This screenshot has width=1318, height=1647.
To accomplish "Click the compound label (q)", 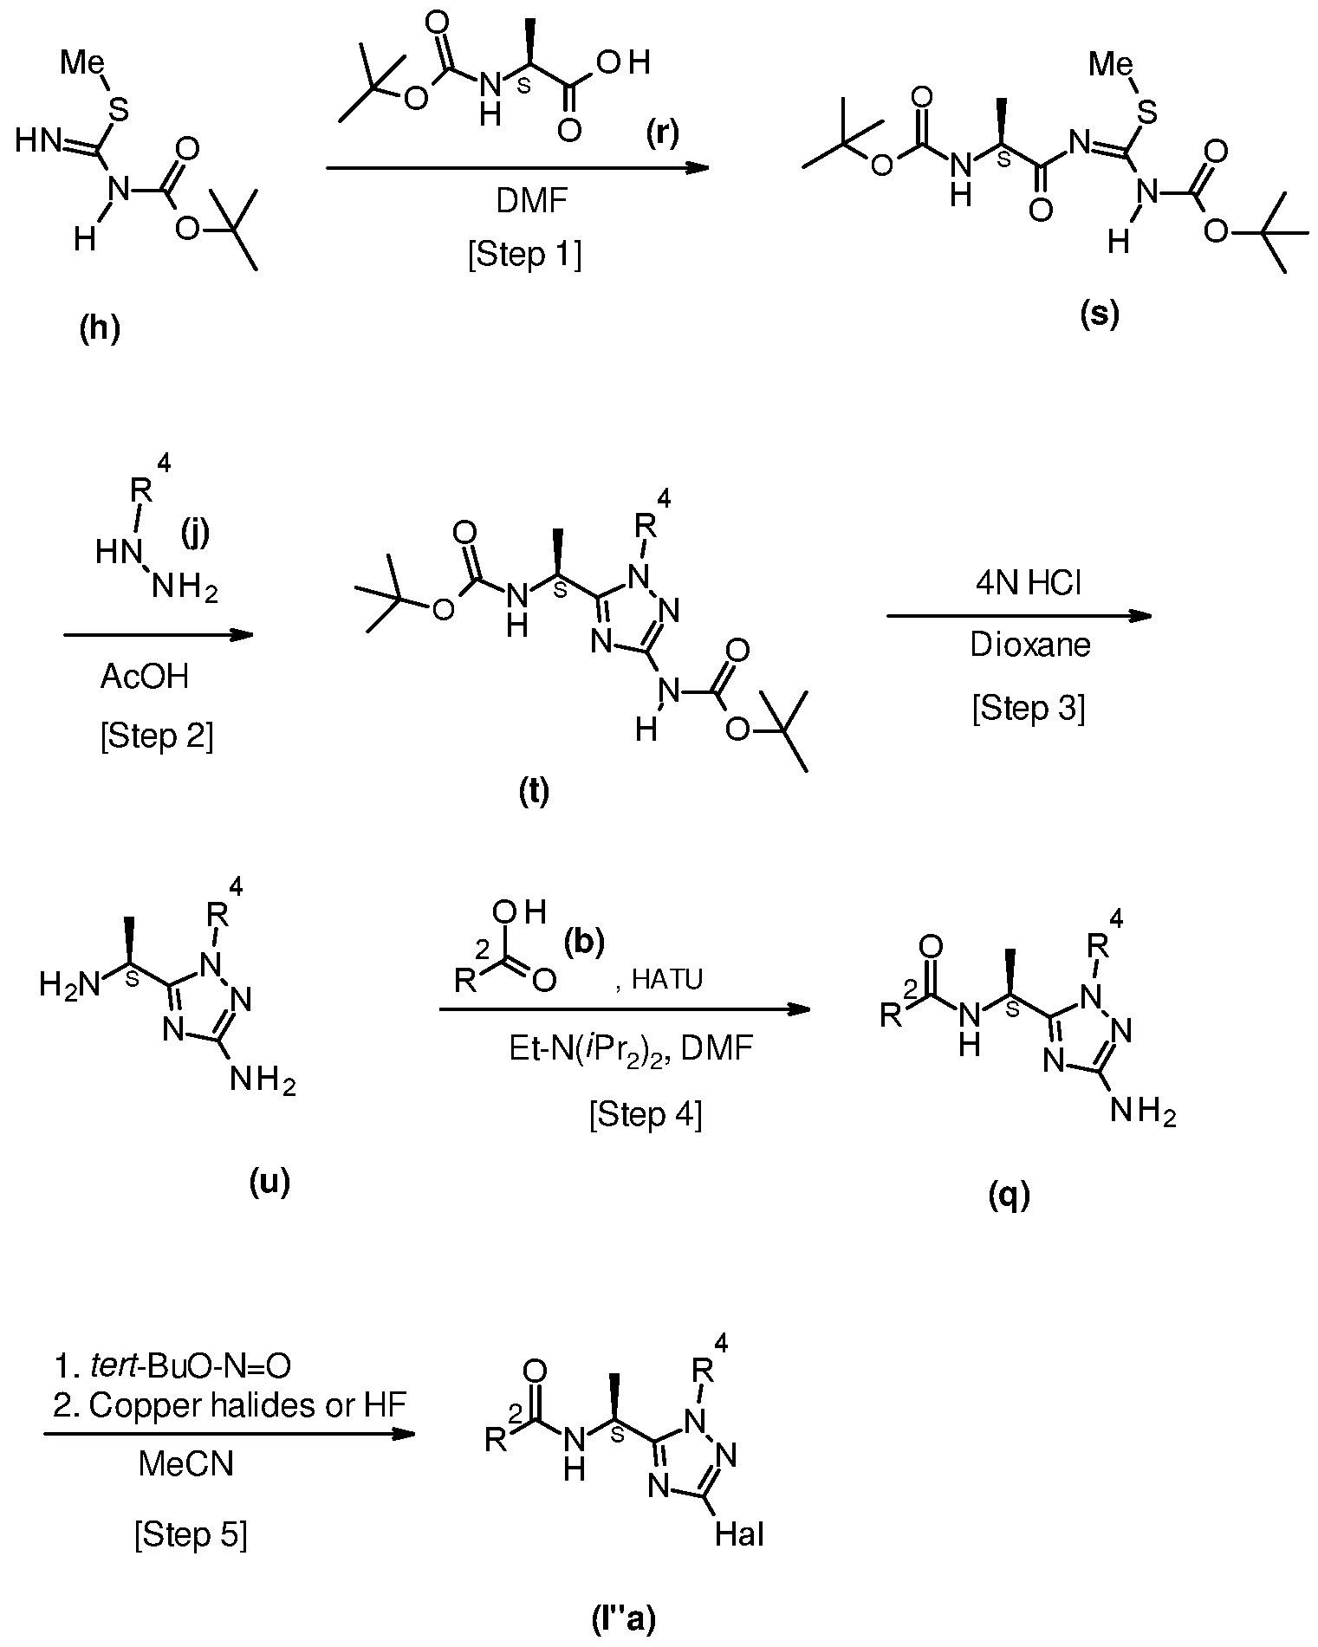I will [1010, 1196].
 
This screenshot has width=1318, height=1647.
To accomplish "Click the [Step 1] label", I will [525, 256].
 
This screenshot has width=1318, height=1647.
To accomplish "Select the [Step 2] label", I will [157, 736].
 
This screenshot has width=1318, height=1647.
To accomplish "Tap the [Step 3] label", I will [1029, 708].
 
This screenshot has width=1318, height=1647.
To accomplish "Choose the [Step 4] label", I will [646, 1114].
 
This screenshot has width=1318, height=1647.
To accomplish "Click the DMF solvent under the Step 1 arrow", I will [532, 201].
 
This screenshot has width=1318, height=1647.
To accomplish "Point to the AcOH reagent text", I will [144, 676].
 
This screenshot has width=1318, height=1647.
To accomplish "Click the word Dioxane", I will [1030, 645].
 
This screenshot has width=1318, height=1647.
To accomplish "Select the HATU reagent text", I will [666, 979].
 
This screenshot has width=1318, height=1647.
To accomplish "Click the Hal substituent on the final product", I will [739, 1535].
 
